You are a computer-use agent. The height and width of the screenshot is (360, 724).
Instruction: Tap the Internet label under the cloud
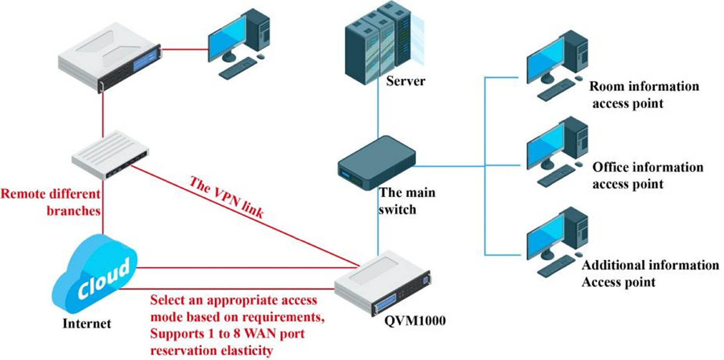[86, 323]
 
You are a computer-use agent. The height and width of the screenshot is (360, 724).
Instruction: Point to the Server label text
[405, 81]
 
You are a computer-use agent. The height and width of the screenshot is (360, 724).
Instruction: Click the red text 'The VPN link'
[227, 197]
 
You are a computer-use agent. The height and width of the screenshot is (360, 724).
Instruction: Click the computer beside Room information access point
[556, 66]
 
